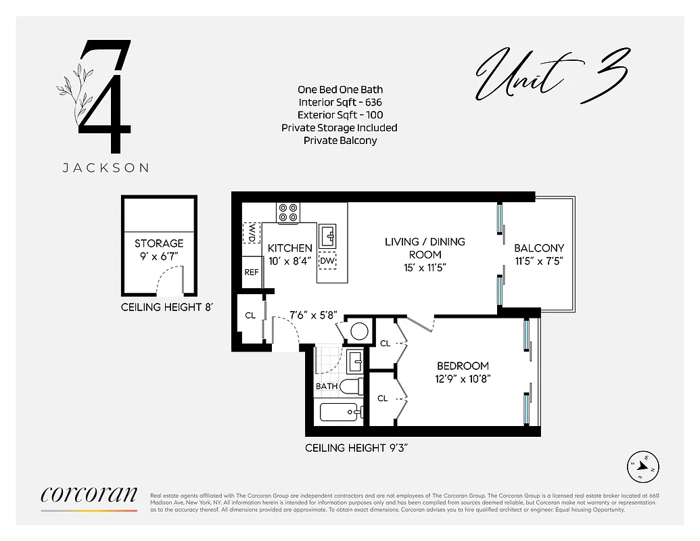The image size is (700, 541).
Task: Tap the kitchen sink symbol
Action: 327,235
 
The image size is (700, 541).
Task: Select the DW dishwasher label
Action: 327,261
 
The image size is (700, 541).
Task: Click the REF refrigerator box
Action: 252,272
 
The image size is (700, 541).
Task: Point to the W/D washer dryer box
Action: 252,233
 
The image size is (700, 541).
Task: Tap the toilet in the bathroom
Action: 350,387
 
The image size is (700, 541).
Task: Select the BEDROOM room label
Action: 463,366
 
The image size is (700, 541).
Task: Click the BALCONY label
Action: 538,248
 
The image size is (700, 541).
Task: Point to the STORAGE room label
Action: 159,243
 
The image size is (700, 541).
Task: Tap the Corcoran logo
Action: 89,496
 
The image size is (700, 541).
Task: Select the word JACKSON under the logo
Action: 106,168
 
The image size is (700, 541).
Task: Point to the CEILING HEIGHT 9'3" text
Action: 356,448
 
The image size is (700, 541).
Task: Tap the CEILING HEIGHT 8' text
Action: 167,307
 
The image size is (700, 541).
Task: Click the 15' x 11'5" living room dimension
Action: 425,268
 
